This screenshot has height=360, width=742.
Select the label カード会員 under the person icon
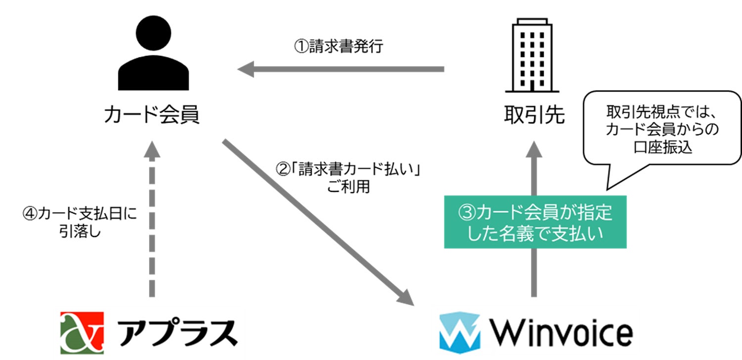click(x=152, y=116)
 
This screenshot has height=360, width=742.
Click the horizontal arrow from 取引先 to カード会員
click(x=346, y=69)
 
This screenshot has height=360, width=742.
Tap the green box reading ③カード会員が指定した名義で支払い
click(x=535, y=222)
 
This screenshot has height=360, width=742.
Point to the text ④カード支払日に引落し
click(x=79, y=223)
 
